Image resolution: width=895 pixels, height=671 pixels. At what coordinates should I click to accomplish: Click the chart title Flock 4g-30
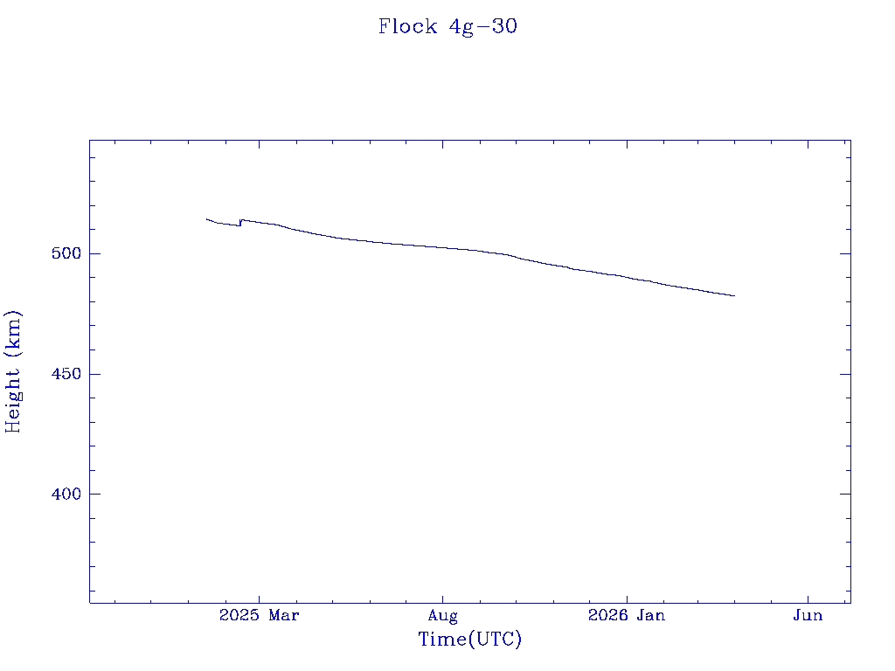tap(447, 26)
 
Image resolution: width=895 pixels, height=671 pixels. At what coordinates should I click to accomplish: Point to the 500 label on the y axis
tap(67, 253)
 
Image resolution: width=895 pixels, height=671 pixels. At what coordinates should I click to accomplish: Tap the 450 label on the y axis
tap(67, 374)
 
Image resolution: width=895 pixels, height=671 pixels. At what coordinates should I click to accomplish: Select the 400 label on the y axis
tap(67, 494)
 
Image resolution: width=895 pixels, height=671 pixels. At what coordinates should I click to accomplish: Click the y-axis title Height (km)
tap(13, 371)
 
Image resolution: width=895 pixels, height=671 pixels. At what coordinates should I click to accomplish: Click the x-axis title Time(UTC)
tap(469, 640)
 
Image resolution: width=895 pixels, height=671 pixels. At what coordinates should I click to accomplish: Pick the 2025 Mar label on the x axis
tap(259, 616)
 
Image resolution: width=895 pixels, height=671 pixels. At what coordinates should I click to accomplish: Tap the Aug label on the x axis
tap(442, 616)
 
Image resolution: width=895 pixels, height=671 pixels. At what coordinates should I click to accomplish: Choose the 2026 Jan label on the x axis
tap(626, 616)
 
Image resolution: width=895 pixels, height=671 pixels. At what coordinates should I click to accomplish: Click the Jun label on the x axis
tap(808, 616)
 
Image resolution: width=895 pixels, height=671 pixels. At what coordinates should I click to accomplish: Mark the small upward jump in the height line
tap(240, 223)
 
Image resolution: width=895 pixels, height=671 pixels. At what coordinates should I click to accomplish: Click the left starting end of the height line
tap(207, 219)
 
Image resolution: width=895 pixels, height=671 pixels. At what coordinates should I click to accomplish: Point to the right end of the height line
tap(734, 295)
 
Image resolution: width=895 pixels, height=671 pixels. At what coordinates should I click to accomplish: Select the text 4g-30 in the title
tap(482, 26)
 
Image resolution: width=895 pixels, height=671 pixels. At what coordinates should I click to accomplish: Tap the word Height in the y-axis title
tap(13, 398)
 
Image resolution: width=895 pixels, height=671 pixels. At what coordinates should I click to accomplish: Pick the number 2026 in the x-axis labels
tap(607, 616)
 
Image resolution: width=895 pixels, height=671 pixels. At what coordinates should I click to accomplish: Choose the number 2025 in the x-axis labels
tap(239, 616)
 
